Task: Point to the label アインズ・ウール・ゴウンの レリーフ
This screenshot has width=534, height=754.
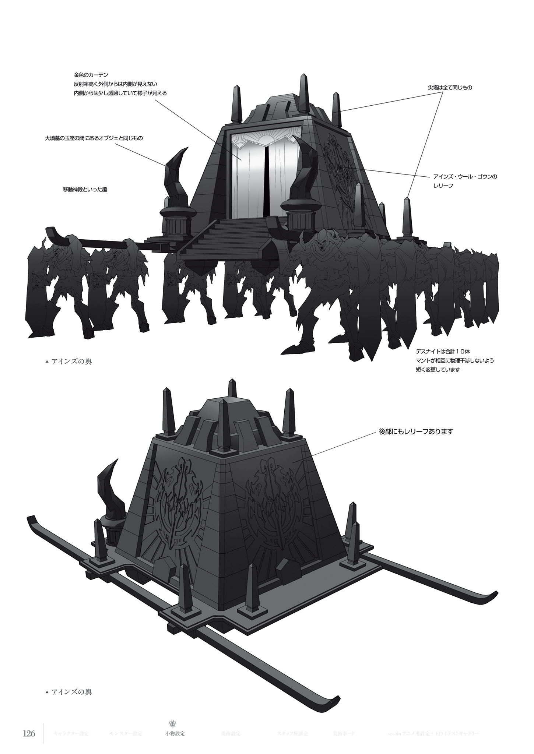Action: (465, 181)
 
